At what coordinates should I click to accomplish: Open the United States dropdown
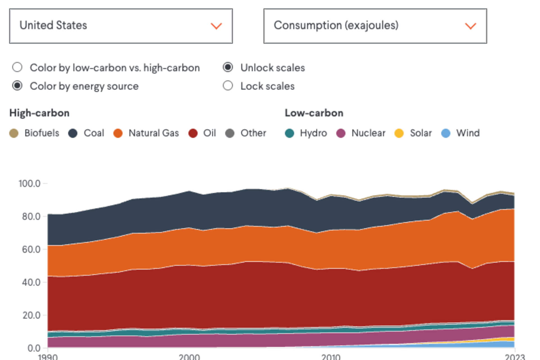(x=121, y=26)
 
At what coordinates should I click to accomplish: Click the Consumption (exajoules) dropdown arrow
(x=470, y=26)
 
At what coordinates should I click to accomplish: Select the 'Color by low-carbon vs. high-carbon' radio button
(x=17, y=67)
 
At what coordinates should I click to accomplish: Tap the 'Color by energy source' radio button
(x=17, y=86)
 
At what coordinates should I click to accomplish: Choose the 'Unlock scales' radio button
(x=228, y=67)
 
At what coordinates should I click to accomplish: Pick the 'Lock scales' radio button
(x=228, y=86)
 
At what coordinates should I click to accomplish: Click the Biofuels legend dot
(x=14, y=133)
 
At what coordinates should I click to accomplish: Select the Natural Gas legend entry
(x=146, y=133)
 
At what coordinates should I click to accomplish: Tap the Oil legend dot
(x=193, y=133)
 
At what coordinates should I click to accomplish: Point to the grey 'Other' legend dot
(x=230, y=133)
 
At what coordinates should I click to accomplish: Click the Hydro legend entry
(x=306, y=133)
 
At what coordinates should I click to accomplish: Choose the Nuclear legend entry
(x=361, y=133)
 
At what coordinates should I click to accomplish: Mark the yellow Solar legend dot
(x=399, y=133)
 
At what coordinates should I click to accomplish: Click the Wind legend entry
(x=460, y=133)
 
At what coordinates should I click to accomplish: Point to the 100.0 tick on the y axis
(x=30, y=184)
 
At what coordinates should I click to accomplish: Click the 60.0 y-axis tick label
(x=31, y=249)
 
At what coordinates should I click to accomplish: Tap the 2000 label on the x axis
(x=189, y=357)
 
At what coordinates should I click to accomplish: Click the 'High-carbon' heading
(x=39, y=113)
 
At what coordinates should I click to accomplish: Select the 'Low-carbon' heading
(x=314, y=113)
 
